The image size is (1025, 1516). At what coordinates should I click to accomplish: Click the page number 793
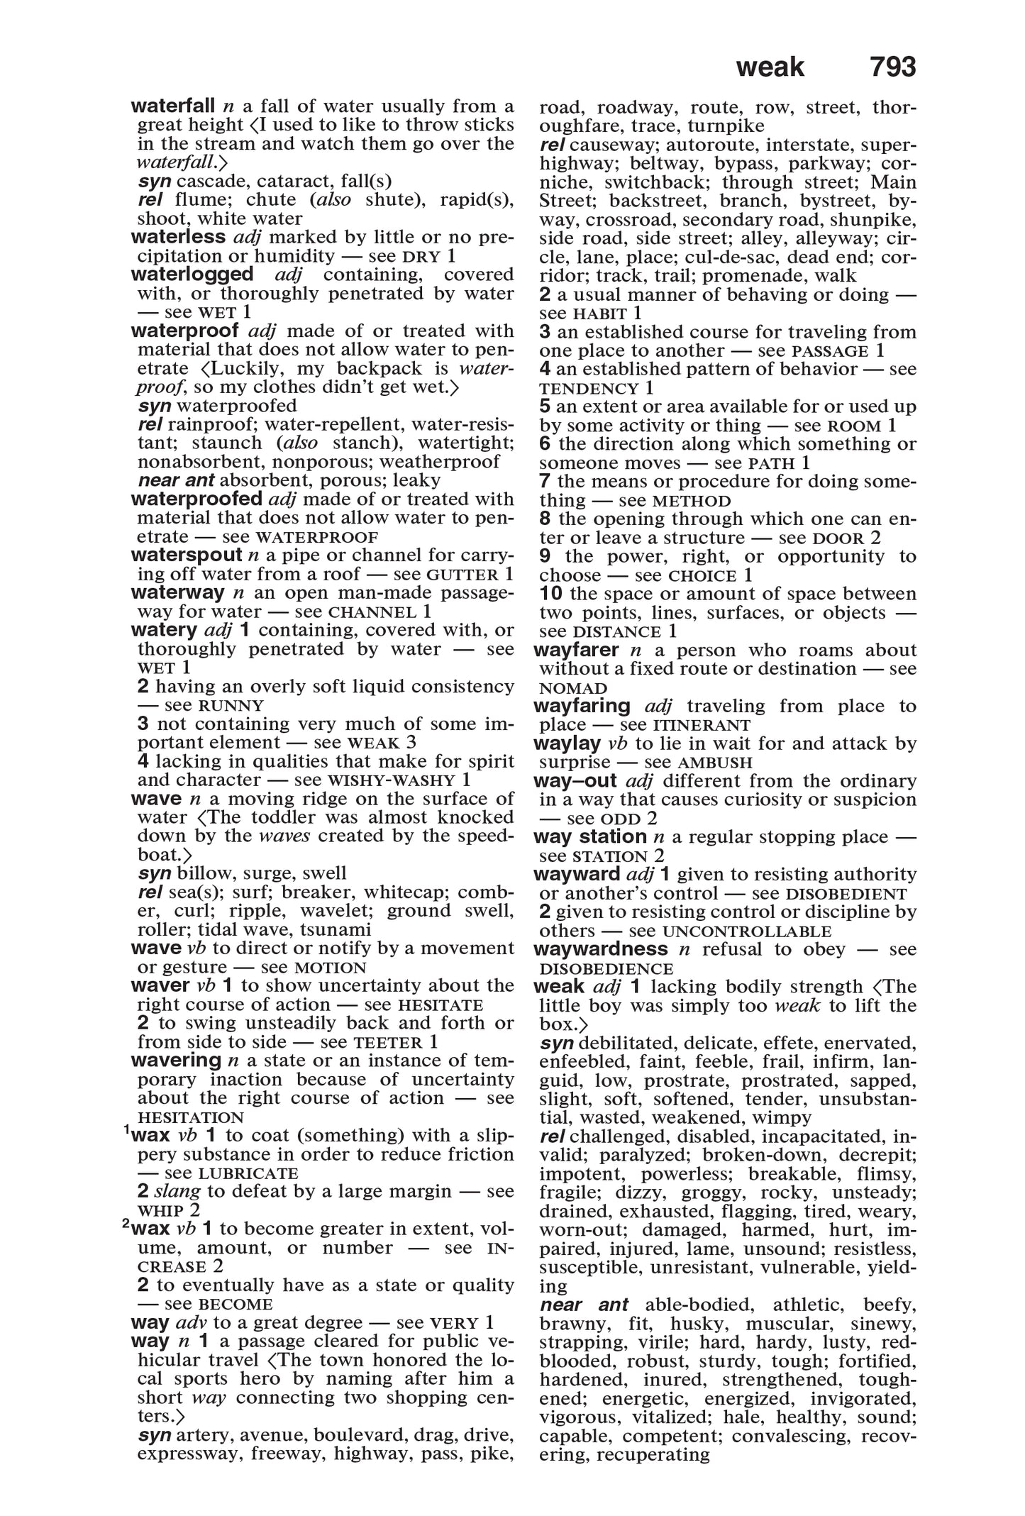pos(892,67)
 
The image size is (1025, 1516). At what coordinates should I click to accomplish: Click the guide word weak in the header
pos(770,67)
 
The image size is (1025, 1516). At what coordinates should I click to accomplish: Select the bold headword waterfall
pos(173,106)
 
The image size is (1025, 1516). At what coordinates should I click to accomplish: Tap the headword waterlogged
pos(192,275)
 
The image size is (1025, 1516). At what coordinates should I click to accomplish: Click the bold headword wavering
pos(177,1061)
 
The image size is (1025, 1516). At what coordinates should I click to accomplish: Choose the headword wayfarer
pos(577,651)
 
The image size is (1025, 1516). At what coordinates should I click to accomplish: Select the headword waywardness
pos(600,950)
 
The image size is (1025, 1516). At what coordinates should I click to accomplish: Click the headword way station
pos(589,837)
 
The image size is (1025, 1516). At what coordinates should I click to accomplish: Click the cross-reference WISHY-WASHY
pos(397,780)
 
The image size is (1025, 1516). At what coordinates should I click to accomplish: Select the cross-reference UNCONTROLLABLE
pos(746,931)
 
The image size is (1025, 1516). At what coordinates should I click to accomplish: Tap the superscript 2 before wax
pos(126,1223)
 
